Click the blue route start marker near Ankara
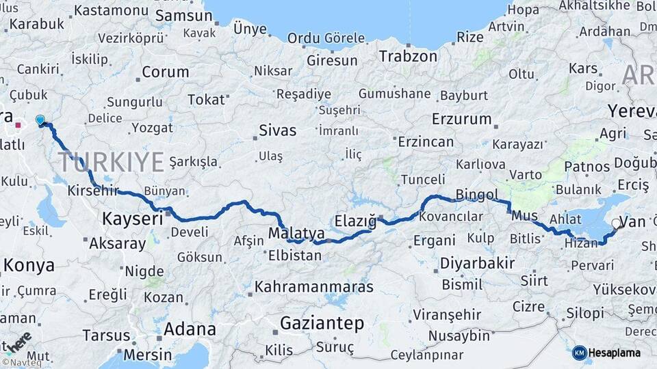point(40,120)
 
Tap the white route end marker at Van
point(616,223)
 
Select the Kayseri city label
point(133,219)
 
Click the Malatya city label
point(296,233)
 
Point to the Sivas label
point(277,130)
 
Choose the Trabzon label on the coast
point(408,56)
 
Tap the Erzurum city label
point(462,119)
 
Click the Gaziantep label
point(322,324)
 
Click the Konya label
point(29,265)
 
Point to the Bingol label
point(477,195)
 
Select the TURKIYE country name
point(111,163)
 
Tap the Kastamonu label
point(111,11)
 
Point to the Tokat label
point(206,100)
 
